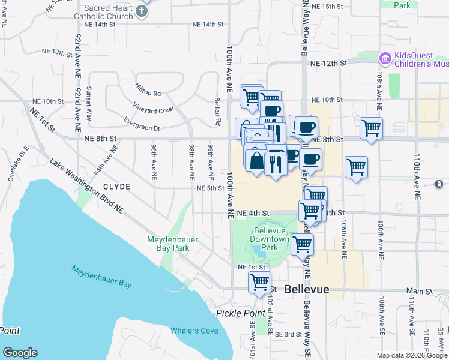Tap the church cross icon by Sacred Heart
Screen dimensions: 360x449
(x=142, y=11)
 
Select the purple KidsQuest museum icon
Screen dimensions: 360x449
(x=385, y=58)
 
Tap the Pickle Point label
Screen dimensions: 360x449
(x=241, y=313)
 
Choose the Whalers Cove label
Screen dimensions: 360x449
(x=194, y=331)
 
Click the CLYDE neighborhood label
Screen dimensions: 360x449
(x=116, y=187)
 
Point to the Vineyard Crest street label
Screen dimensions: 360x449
(x=155, y=110)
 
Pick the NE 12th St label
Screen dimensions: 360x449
(x=329, y=62)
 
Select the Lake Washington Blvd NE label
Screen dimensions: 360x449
(x=86, y=186)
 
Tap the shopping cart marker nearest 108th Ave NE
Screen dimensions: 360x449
(x=371, y=128)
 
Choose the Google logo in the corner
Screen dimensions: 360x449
(x=20, y=353)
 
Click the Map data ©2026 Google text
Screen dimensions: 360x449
(x=412, y=355)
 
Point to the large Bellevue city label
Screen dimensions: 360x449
(x=306, y=289)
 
